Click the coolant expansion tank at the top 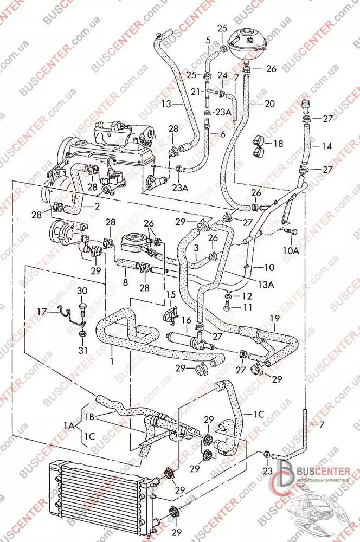pyautogui.click(x=249, y=43)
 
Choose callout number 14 pyautogui.click(x=327, y=146)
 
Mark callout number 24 pyautogui.click(x=222, y=75)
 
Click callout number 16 pyautogui.click(x=186, y=320)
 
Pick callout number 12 pyautogui.click(x=247, y=296)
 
